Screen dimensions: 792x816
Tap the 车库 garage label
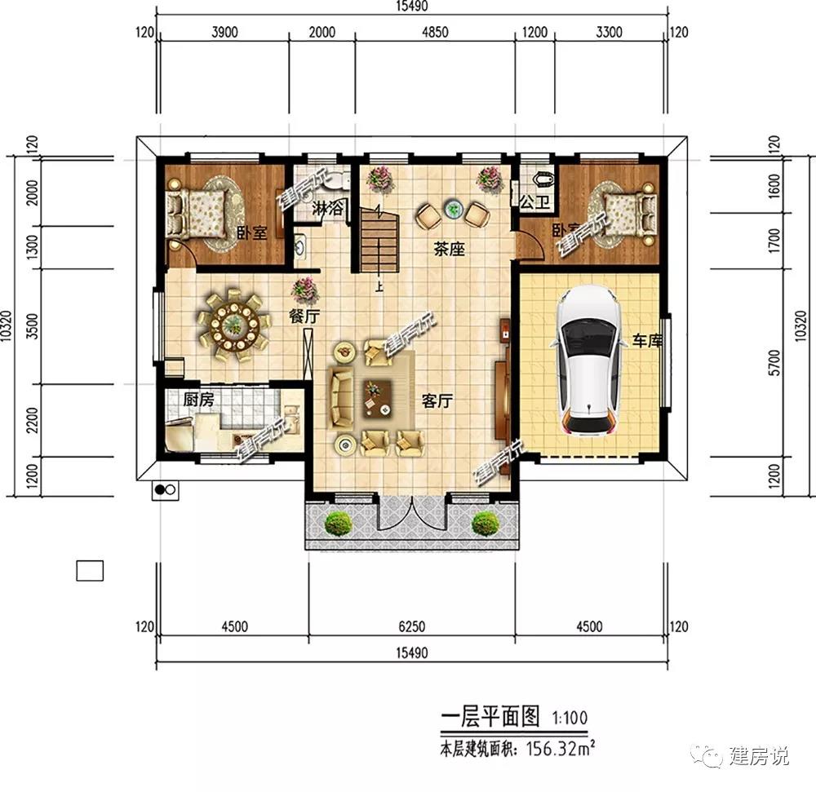[x=645, y=340]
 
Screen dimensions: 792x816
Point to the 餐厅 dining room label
[x=303, y=316]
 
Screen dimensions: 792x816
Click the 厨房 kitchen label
[x=198, y=400]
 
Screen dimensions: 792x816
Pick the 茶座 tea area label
[x=449, y=250]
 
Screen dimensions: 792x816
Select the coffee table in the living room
[x=375, y=396]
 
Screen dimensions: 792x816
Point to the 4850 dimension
[x=435, y=33]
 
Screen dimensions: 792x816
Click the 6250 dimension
[x=411, y=626]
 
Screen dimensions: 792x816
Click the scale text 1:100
[x=568, y=719]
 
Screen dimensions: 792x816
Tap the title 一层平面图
[x=491, y=718]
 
